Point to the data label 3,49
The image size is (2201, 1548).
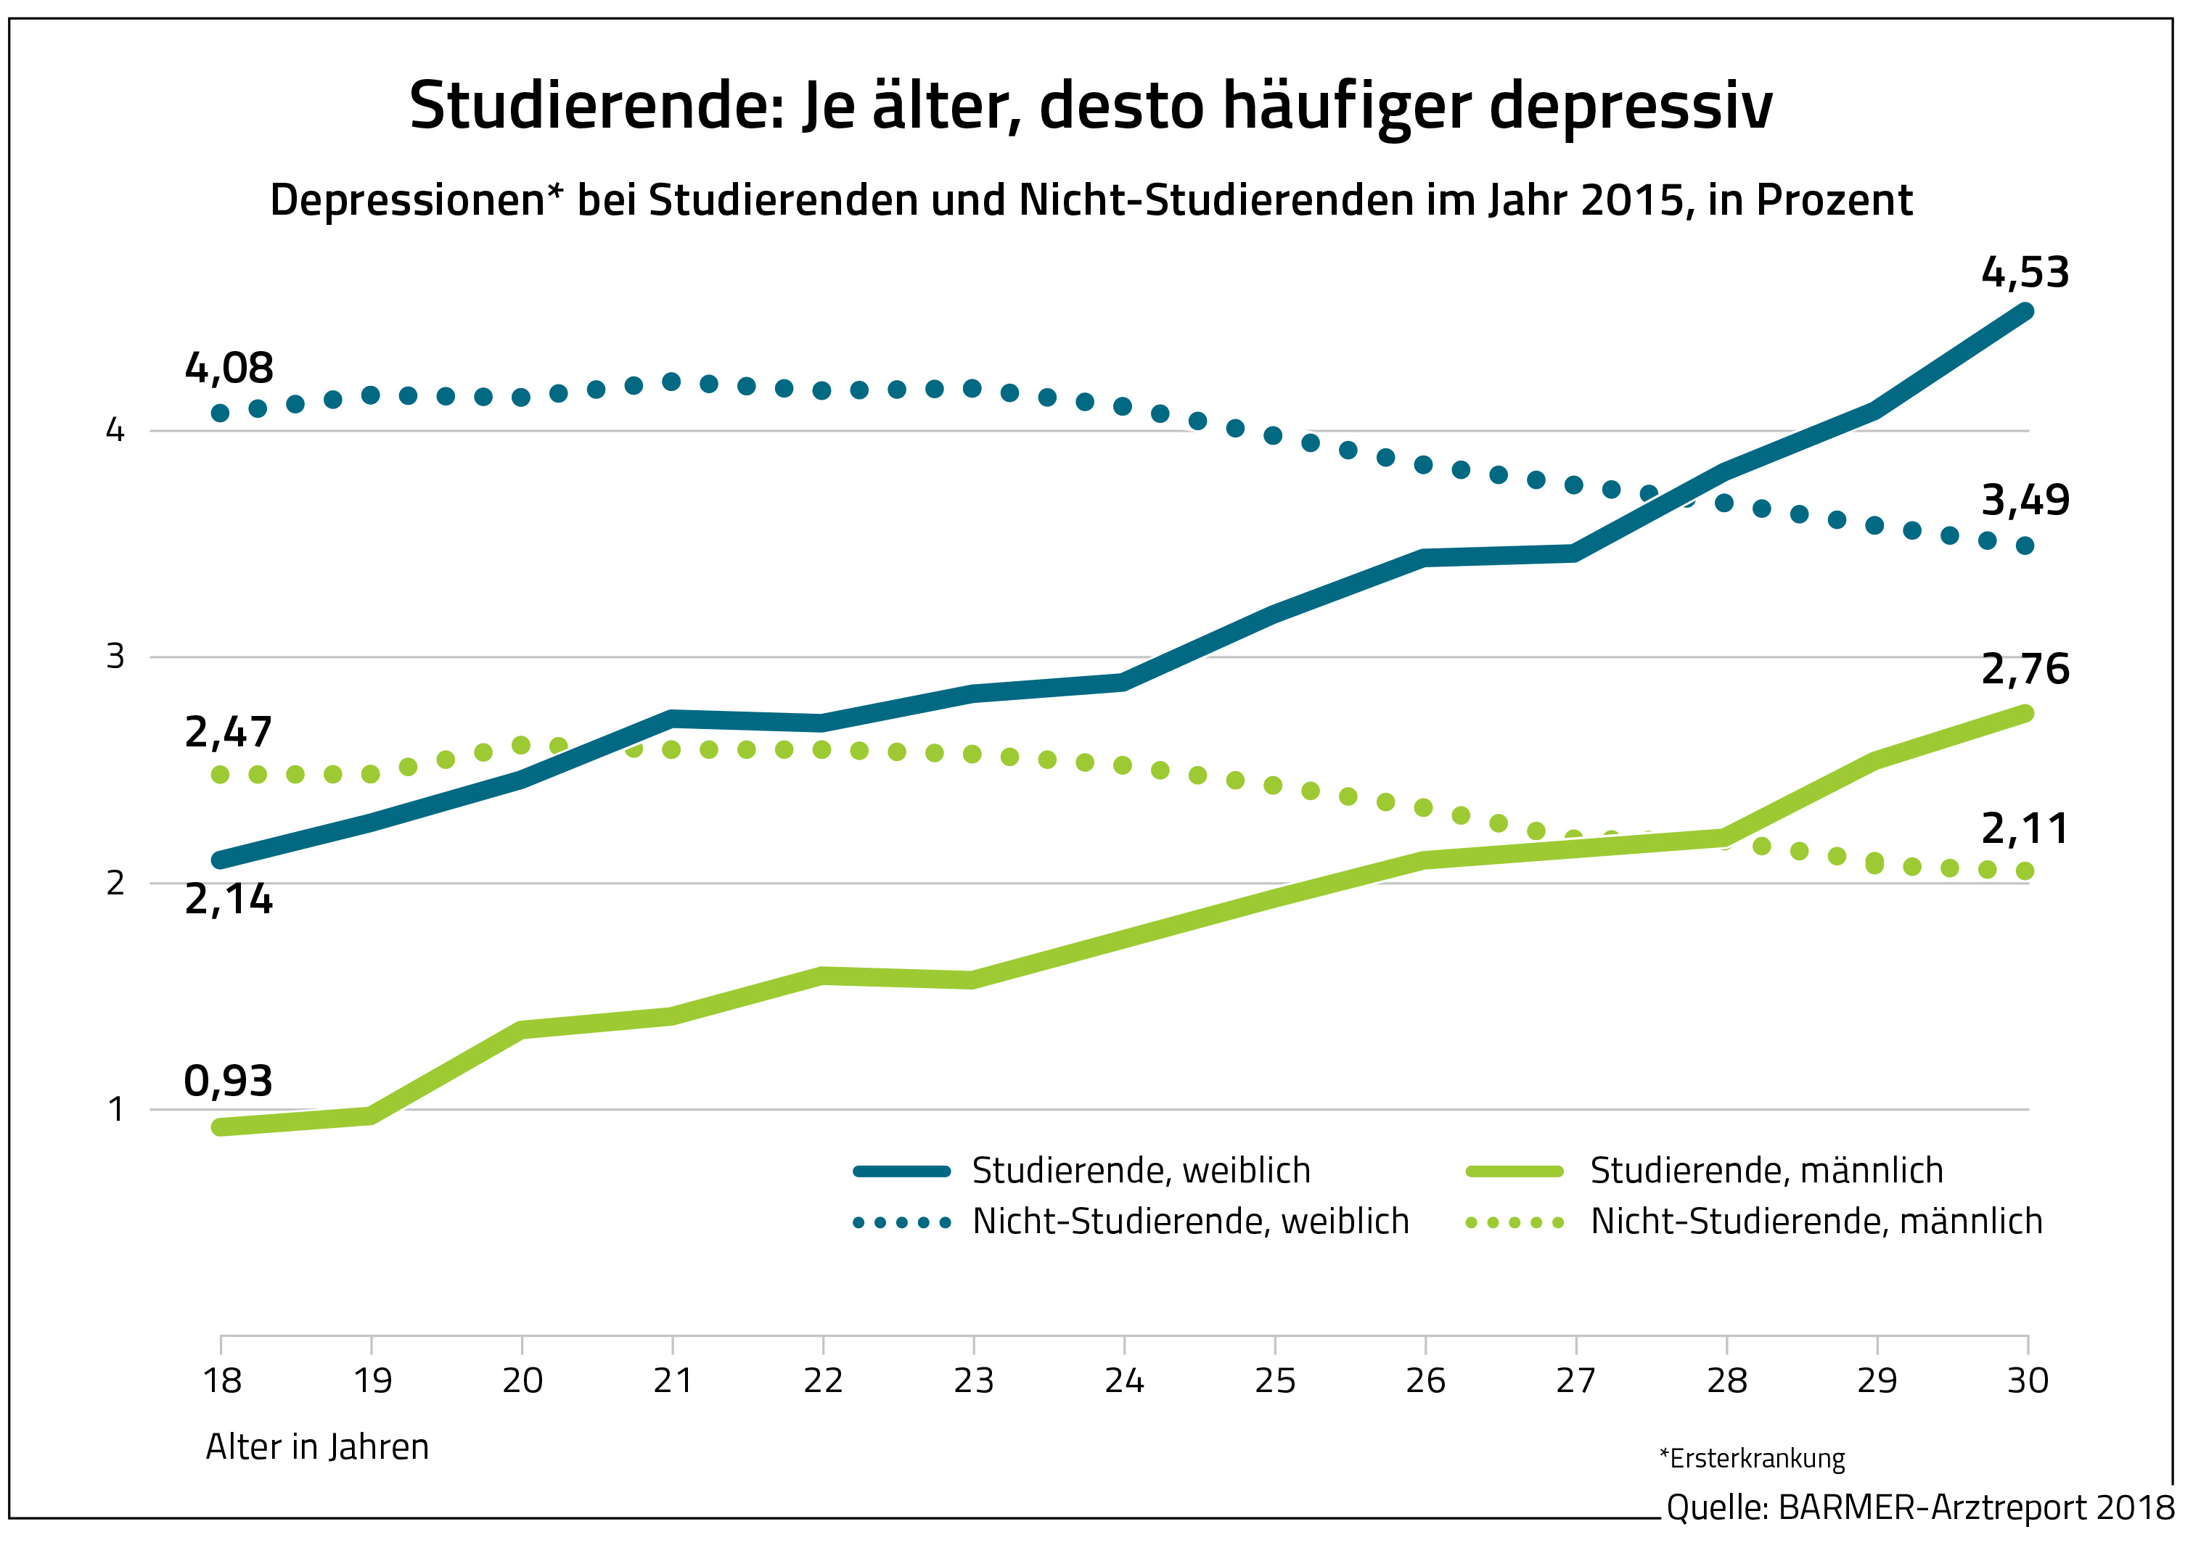(2025, 501)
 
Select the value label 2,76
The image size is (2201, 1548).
(2025, 669)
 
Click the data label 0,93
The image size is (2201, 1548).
(228, 1081)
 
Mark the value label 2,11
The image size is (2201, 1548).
(2025, 828)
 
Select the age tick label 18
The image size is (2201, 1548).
(221, 1381)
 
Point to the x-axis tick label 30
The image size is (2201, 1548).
(2028, 1381)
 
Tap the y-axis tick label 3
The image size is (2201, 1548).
(115, 656)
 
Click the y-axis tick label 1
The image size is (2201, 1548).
(115, 1109)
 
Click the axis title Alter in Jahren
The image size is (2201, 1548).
(317, 1446)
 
